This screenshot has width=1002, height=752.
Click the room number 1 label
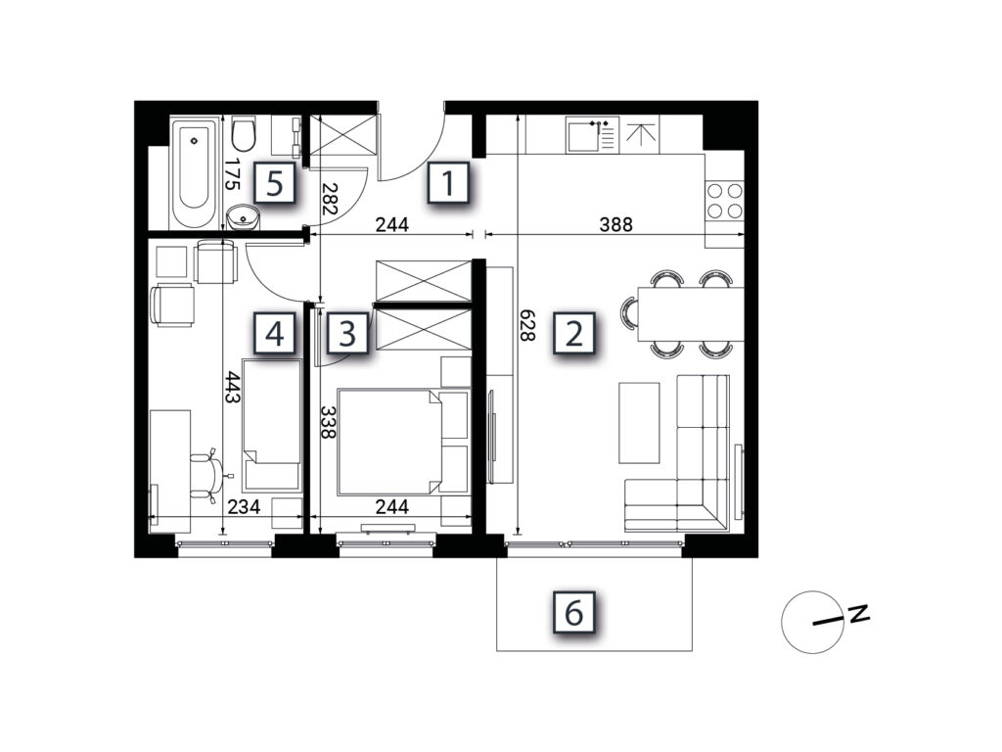[448, 183]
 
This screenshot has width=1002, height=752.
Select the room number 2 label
[573, 333]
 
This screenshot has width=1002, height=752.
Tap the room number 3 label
[347, 333]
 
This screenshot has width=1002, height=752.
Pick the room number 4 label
[275, 333]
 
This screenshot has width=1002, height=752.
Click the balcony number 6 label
[573, 613]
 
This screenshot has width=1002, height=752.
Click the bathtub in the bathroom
[195, 172]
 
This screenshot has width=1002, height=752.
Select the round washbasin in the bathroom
[244, 216]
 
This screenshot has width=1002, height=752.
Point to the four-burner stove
[725, 201]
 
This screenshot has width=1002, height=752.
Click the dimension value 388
[616, 224]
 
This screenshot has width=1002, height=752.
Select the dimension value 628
[526, 325]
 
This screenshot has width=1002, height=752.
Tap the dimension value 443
[232, 388]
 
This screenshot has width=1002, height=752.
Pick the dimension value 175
[232, 174]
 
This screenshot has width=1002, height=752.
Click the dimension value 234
[244, 506]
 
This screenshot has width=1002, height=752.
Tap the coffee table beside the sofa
[639, 423]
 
